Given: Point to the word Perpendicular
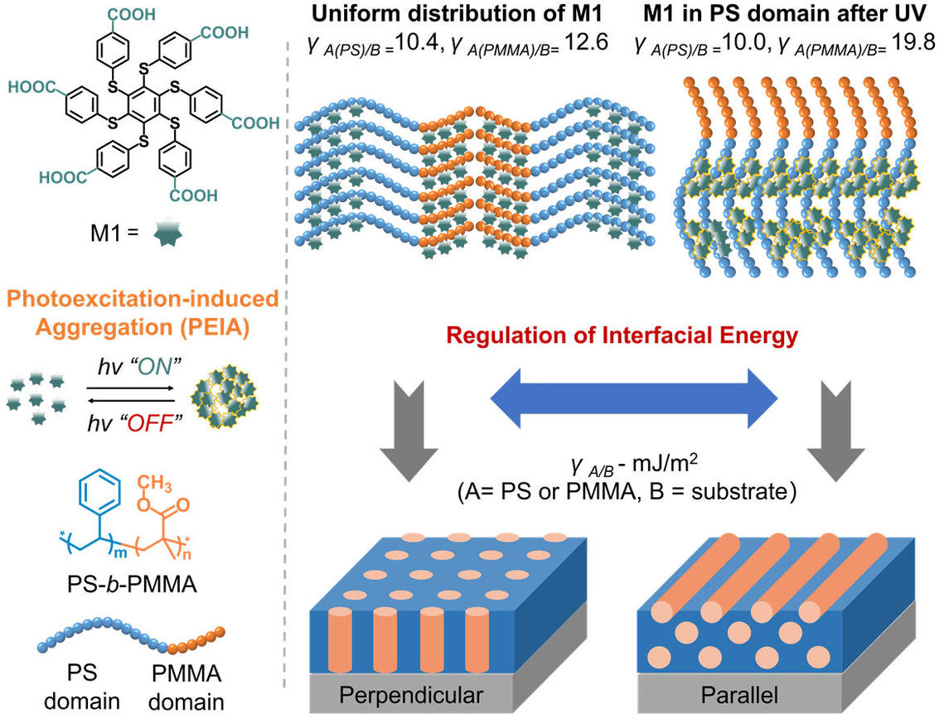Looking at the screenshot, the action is pos(411,695).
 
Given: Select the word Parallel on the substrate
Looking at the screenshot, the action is pos(739,695).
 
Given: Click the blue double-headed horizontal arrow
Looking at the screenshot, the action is pos(634,398).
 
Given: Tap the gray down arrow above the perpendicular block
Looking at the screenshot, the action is pos(409,431).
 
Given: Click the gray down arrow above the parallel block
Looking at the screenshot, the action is pos(835,431).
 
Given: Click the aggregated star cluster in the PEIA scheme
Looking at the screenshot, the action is pos(223,396).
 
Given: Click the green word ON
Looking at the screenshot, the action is pos(155,366).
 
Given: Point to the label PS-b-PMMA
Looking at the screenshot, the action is pos(132,584).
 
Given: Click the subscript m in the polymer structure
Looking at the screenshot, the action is pos(120,553).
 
